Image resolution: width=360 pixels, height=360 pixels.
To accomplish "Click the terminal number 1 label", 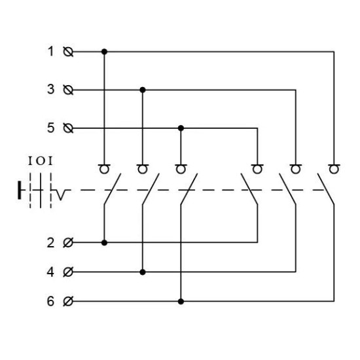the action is (51, 51).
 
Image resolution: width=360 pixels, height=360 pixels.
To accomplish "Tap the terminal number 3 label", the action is (51, 89).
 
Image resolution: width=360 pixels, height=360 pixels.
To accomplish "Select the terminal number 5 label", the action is (51, 128).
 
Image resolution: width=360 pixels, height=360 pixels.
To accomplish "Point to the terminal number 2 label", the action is (51, 243).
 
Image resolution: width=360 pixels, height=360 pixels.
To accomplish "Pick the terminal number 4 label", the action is (50, 272).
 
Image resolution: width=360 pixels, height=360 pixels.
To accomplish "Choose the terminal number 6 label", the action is (51, 301).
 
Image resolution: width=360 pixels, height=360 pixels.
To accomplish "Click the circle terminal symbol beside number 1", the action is (68, 52).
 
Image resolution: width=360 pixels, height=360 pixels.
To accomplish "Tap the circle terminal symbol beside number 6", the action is (68, 301).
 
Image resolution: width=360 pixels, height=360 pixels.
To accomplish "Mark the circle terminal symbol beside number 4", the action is (68, 272).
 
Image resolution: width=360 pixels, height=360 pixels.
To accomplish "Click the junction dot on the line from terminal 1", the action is (104, 52).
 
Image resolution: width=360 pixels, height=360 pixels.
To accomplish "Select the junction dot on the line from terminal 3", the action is (143, 90).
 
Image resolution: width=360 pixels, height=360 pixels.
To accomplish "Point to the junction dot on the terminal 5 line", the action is (181, 128).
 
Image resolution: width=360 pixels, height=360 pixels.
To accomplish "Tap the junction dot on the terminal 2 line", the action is (104, 242).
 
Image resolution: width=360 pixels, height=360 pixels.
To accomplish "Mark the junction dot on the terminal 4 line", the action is (143, 272).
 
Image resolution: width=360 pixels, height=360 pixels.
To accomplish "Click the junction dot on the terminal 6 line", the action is (181, 301).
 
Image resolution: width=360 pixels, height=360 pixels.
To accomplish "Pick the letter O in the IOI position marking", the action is (41, 161).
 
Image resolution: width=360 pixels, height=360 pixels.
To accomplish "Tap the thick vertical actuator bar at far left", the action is (20, 190).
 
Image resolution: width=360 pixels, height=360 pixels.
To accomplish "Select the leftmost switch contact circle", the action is (104, 170).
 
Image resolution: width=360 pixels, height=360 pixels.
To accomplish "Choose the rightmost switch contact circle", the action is (334, 170).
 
